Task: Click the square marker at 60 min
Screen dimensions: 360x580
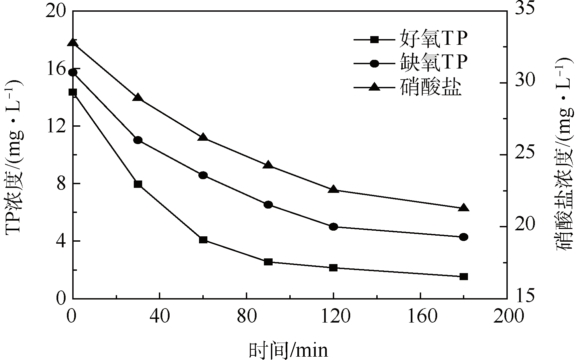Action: click(x=203, y=240)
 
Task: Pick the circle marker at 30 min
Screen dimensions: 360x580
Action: click(x=138, y=140)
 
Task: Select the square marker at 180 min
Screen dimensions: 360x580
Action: click(x=464, y=276)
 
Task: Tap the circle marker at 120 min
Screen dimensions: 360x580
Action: click(x=333, y=227)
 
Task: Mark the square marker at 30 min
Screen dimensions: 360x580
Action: click(x=138, y=184)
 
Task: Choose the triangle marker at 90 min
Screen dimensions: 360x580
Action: click(x=268, y=165)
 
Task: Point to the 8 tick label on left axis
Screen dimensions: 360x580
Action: click(x=61, y=184)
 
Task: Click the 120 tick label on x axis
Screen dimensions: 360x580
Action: click(x=333, y=316)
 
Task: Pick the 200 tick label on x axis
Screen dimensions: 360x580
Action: click(x=507, y=316)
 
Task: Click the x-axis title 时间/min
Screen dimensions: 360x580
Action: click(x=288, y=350)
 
